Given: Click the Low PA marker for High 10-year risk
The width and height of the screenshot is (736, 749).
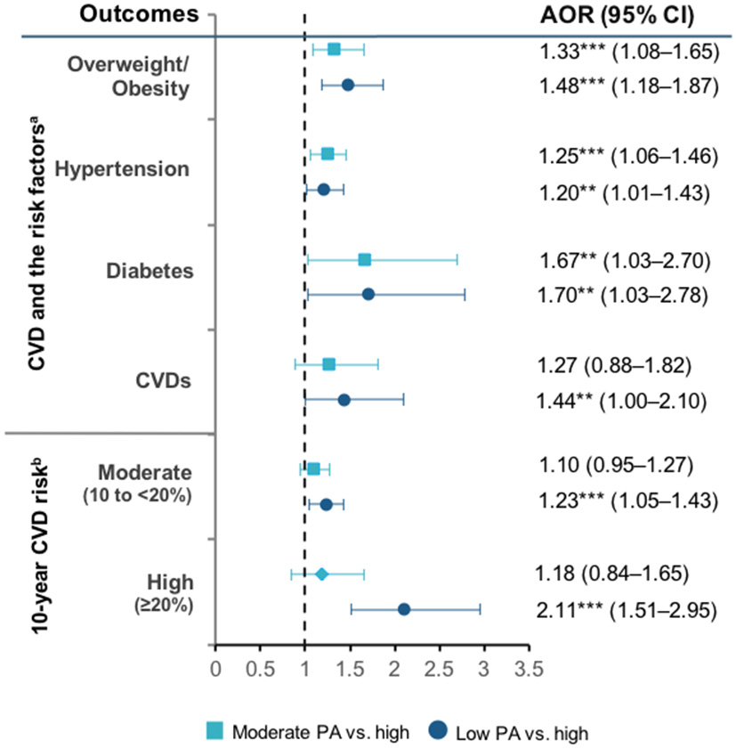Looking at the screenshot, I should click(x=403, y=609).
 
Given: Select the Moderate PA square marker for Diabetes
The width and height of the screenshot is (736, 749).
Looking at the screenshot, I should click(x=364, y=259).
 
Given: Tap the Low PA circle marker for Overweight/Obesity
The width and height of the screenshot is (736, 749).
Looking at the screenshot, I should click(x=348, y=85).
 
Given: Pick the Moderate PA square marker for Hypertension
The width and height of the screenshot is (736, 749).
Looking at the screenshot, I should click(x=328, y=154).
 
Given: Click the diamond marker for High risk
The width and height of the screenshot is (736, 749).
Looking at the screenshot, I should click(x=322, y=574).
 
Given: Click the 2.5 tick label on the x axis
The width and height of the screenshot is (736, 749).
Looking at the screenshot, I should click(x=439, y=667).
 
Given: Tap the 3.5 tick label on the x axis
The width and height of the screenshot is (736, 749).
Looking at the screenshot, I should click(x=529, y=667).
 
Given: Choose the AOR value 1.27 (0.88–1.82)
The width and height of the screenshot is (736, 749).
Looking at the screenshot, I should click(x=615, y=365).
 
